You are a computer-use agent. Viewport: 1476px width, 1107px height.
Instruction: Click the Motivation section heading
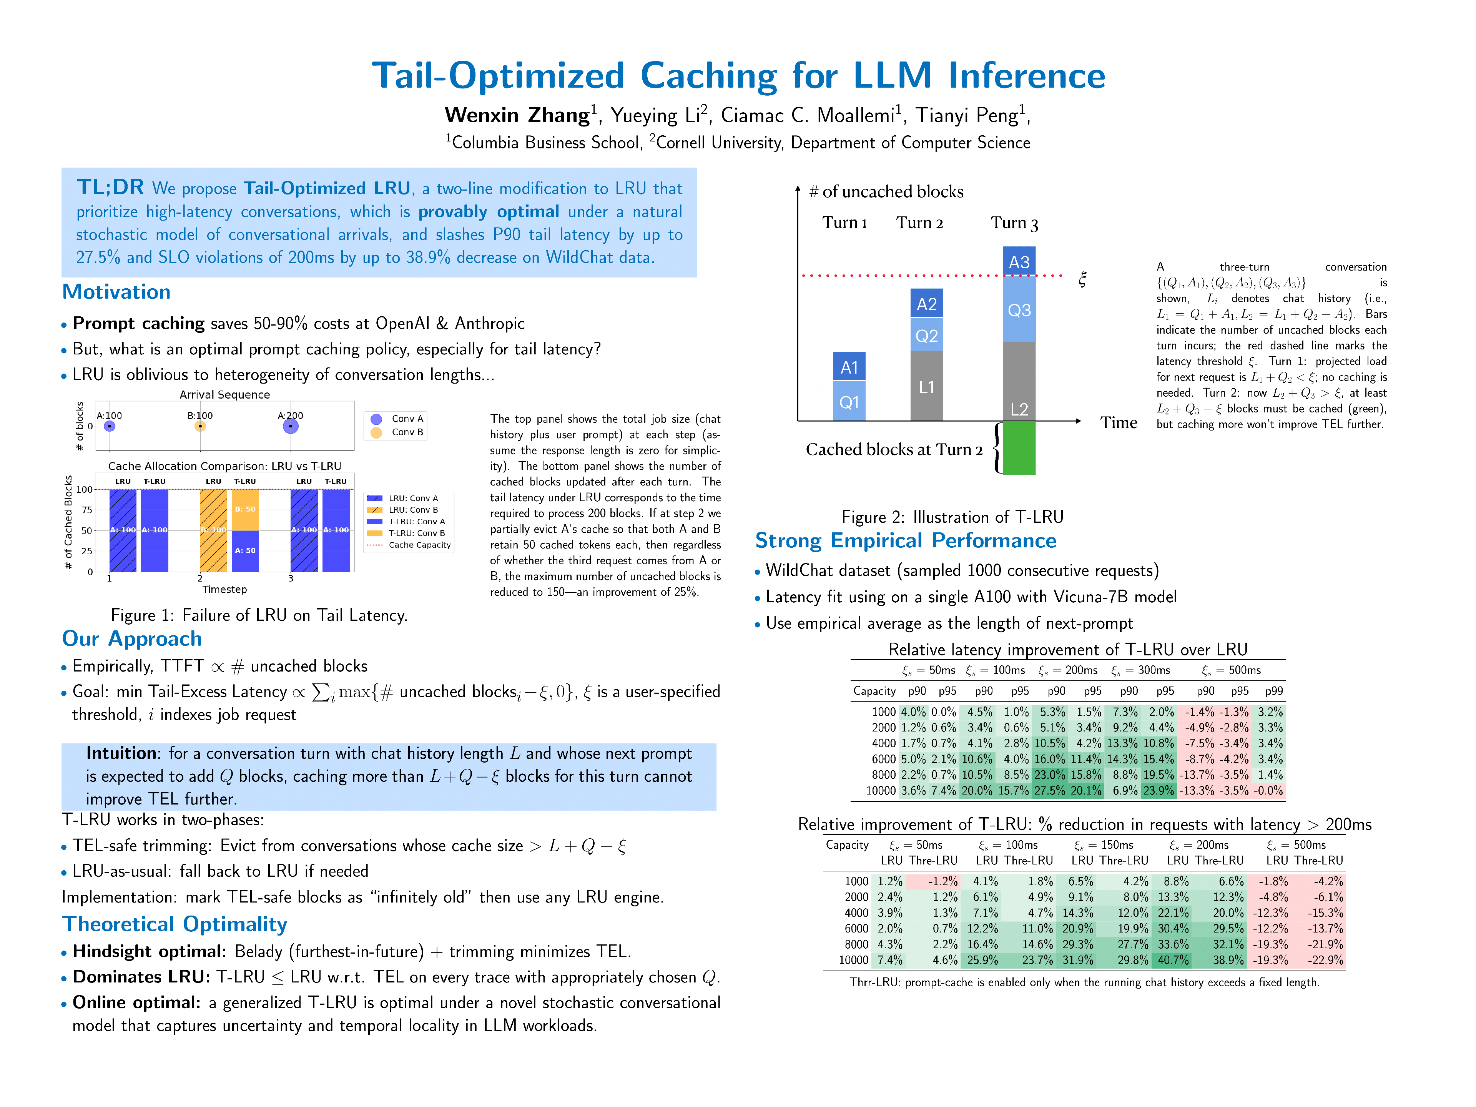click(116, 292)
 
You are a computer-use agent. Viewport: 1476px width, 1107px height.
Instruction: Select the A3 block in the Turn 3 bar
click(1019, 262)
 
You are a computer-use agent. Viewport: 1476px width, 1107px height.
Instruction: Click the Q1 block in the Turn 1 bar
click(849, 402)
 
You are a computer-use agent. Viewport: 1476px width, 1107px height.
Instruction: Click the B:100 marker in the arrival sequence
click(200, 426)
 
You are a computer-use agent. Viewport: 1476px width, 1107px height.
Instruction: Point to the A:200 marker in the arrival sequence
click(290, 426)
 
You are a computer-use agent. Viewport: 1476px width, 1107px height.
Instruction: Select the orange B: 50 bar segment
click(245, 510)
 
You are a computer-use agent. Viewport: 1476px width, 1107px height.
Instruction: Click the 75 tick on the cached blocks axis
click(87, 510)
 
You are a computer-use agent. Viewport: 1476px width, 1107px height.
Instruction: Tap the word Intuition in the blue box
click(121, 753)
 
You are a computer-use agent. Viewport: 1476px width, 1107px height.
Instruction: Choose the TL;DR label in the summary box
click(110, 188)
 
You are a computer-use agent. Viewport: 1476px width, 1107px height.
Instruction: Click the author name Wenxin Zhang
click(517, 115)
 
